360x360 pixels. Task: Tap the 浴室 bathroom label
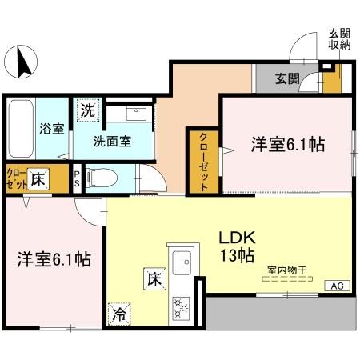[53, 128]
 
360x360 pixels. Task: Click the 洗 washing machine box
[86, 111]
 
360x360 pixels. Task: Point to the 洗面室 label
[112, 141]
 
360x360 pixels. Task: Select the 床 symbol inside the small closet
[36, 178]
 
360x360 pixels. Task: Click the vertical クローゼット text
[203, 161]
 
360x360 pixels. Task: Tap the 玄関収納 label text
[339, 39]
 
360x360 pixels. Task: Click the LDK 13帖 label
[238, 247]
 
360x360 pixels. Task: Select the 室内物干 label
[284, 271]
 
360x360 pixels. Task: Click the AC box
[335, 286]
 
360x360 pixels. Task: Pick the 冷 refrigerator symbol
[118, 314]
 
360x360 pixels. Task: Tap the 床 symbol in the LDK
[154, 279]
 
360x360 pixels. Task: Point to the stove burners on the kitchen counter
[182, 306]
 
